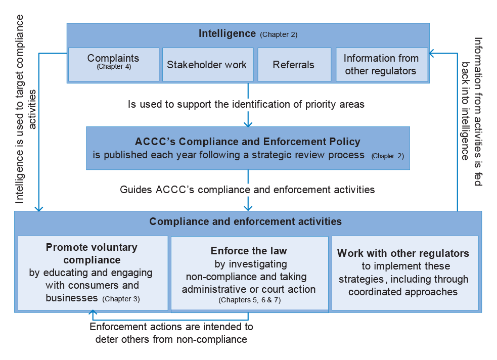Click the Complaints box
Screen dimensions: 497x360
[114, 65]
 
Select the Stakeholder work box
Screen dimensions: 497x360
[208, 65]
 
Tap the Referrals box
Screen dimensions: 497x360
[294, 65]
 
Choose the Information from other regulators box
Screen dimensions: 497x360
[382, 65]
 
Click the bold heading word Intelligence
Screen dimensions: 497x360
[227, 33]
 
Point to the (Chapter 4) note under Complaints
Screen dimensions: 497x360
[114, 67]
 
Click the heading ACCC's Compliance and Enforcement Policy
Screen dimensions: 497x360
[248, 142]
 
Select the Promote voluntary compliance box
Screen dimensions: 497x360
[93, 273]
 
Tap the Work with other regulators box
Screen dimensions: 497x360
[405, 273]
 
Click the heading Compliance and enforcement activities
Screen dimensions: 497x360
[245, 221]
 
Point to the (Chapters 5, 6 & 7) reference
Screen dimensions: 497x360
[249, 300]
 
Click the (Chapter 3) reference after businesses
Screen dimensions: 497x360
[121, 299]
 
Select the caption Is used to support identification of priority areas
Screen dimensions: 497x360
[246, 104]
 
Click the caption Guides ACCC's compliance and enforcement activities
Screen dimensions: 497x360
[247, 190]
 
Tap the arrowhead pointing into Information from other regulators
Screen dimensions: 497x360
[431, 53]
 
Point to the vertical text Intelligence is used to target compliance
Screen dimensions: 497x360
[19, 109]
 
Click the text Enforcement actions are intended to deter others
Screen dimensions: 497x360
[171, 333]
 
